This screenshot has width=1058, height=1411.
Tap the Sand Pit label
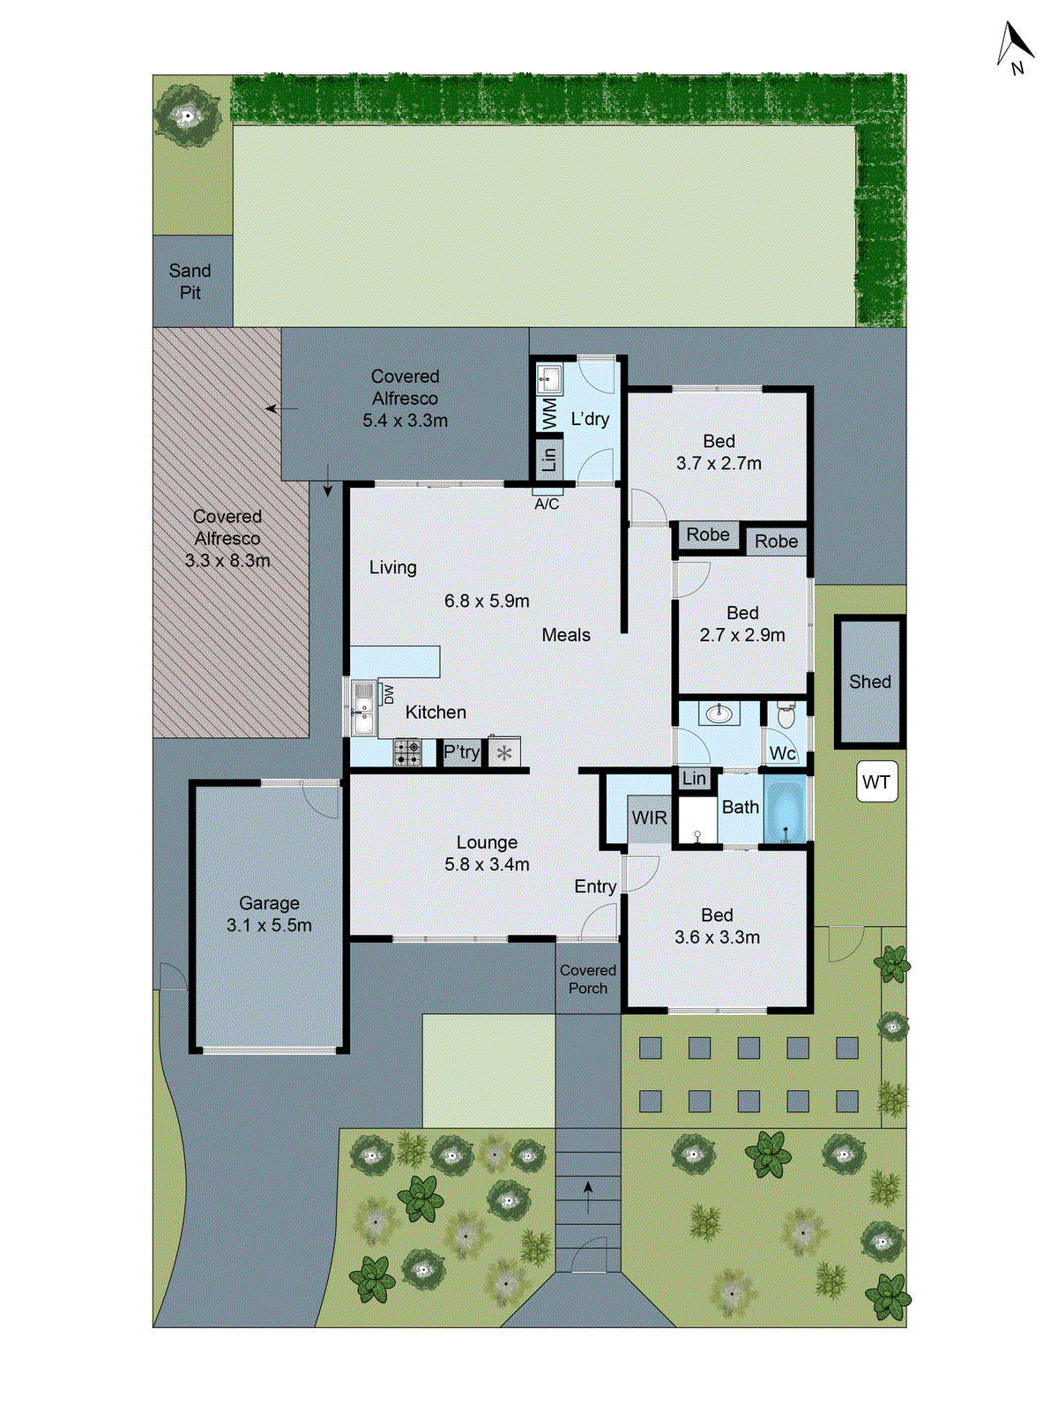[x=190, y=281]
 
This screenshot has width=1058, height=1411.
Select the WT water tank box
[x=876, y=782]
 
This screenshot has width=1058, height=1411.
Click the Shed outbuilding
[x=869, y=682]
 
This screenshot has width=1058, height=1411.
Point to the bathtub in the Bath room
[x=785, y=810]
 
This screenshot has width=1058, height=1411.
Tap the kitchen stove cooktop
[x=407, y=752]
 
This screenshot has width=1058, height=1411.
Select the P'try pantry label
[x=461, y=752]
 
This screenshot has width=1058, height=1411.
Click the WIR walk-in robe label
[x=649, y=817]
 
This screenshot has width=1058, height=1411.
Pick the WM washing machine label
[x=549, y=413]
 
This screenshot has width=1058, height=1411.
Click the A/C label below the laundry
[x=547, y=504]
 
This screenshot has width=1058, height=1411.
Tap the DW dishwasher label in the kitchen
[x=388, y=695]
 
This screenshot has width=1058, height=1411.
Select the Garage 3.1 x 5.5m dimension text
[x=269, y=925]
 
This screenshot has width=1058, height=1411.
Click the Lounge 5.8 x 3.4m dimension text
[x=487, y=864]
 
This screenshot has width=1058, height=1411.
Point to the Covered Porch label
[x=588, y=979]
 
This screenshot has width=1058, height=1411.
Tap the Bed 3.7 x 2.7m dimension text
[x=719, y=463]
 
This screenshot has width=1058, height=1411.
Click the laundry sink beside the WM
[x=549, y=380]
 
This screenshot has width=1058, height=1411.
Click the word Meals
[x=566, y=635]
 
